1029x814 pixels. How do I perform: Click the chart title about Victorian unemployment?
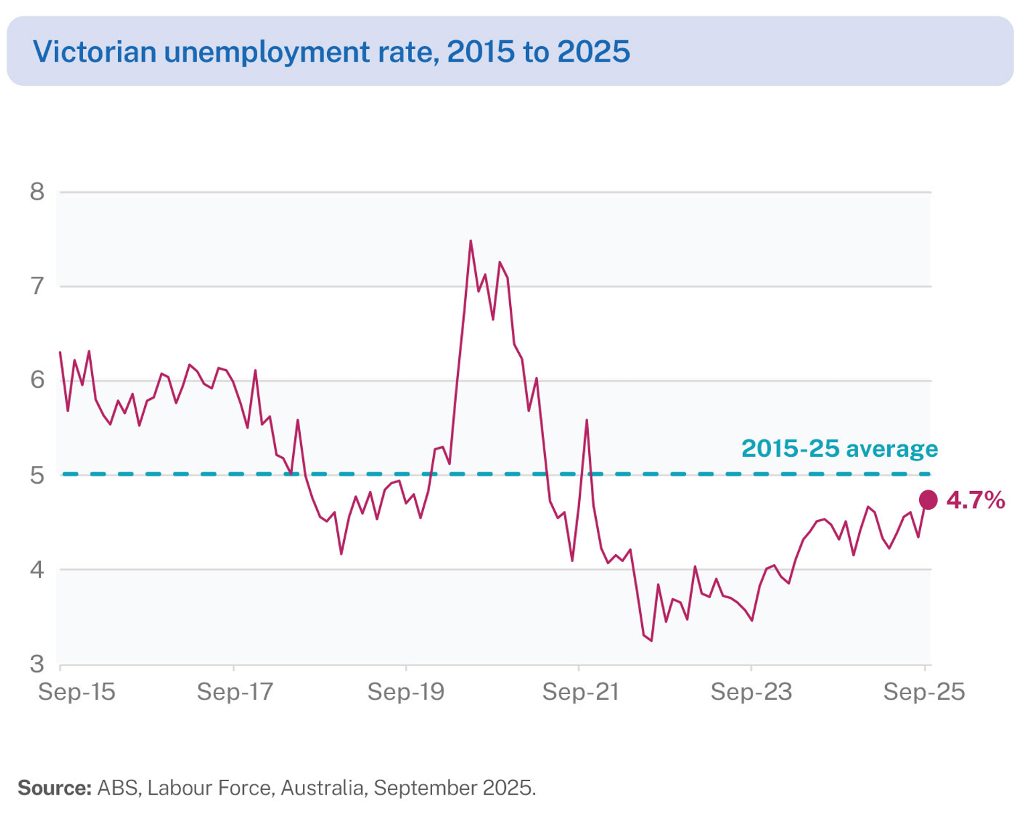click(x=332, y=52)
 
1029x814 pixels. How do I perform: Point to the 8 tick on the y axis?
click(x=38, y=192)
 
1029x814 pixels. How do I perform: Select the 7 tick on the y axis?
click(x=38, y=287)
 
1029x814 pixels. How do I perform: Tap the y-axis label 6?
click(x=38, y=381)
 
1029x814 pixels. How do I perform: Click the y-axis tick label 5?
click(x=38, y=475)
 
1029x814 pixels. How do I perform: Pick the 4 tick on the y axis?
click(x=38, y=569)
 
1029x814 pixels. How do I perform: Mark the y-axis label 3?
click(x=38, y=664)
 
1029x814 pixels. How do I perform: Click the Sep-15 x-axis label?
click(x=77, y=691)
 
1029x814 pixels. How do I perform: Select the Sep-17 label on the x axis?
click(x=234, y=691)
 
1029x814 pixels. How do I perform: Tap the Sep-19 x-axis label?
click(x=406, y=691)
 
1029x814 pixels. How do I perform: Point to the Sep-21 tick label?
click(x=580, y=691)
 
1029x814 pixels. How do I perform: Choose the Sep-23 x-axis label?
click(x=751, y=691)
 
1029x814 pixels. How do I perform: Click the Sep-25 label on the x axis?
click(x=924, y=691)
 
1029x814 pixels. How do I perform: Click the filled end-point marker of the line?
click(x=928, y=499)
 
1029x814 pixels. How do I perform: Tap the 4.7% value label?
click(x=975, y=500)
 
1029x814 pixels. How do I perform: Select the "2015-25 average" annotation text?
click(x=839, y=448)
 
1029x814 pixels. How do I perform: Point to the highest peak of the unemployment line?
click(x=470, y=241)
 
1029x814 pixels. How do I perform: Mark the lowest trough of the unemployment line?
click(x=651, y=640)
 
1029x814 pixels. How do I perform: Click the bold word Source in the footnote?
click(x=54, y=788)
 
